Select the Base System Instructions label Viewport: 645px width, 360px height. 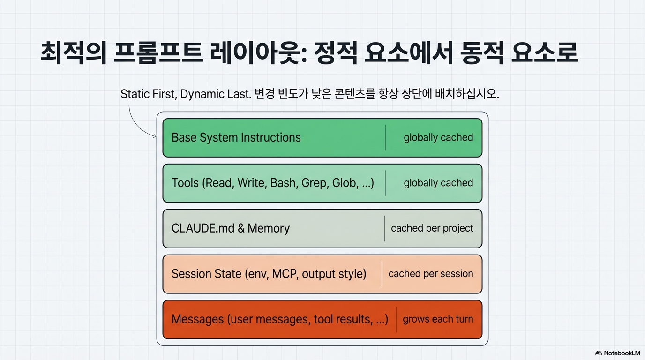click(x=236, y=137)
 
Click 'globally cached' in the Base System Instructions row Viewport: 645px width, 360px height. click(x=438, y=137)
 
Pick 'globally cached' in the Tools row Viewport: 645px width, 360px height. click(x=438, y=183)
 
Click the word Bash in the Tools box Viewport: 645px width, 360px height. click(x=283, y=183)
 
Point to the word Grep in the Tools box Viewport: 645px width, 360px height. click(x=313, y=183)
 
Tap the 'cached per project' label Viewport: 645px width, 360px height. click(x=432, y=228)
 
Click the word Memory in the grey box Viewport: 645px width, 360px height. click(x=269, y=228)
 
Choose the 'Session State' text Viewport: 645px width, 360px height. click(x=206, y=274)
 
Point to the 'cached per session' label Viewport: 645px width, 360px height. click(x=431, y=274)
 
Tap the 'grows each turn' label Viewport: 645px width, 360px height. click(x=438, y=319)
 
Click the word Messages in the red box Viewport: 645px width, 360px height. click(x=197, y=319)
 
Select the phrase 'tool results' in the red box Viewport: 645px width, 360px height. click(x=345, y=319)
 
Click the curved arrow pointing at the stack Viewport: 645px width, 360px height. click(x=137, y=123)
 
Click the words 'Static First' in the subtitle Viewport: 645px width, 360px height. click(x=147, y=94)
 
